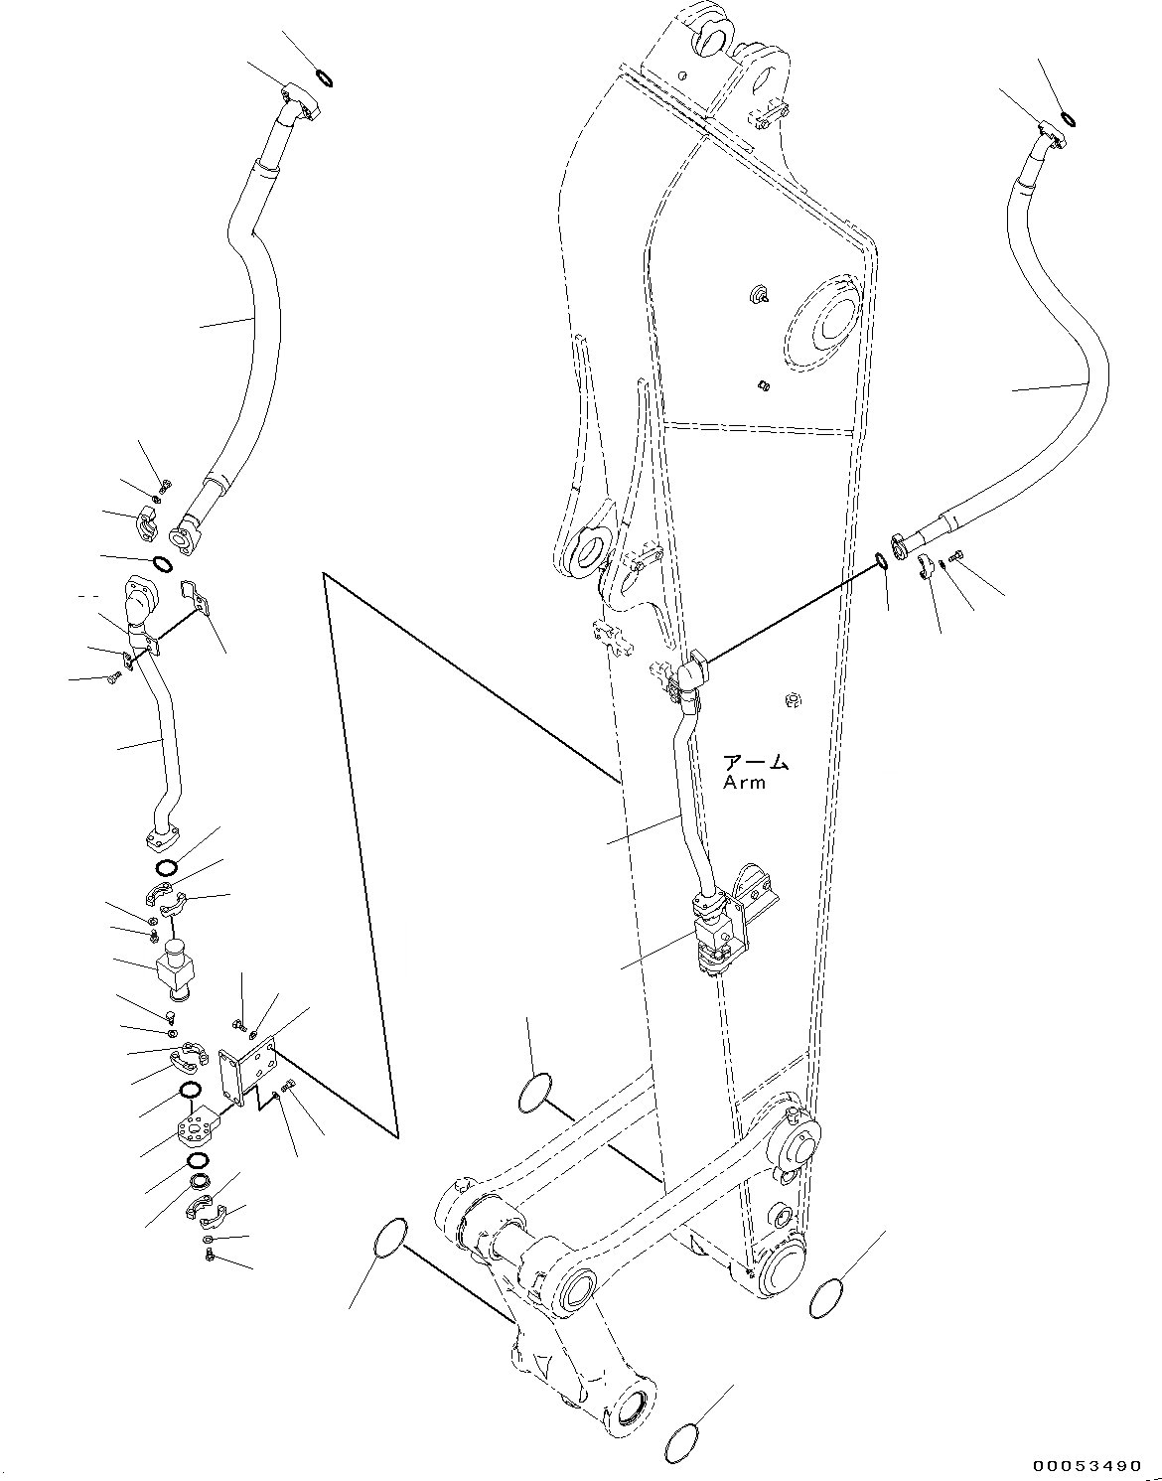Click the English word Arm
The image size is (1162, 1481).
click(745, 782)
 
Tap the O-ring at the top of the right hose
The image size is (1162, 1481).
click(1068, 120)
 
